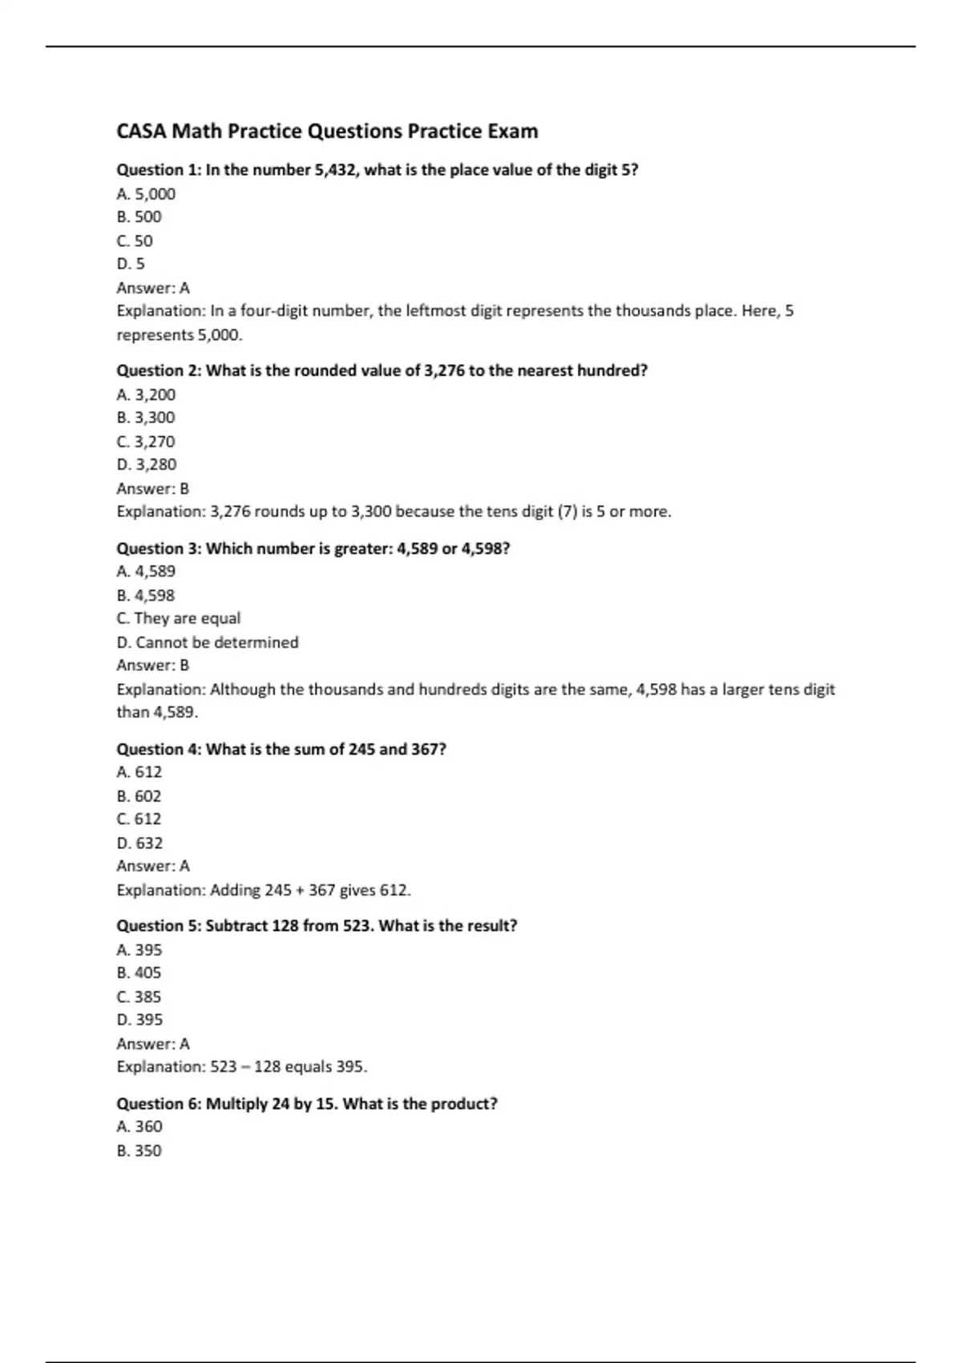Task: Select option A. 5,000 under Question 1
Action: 146,194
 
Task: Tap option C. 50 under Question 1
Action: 135,241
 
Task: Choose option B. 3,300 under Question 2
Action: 146,418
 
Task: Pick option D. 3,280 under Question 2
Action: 147,464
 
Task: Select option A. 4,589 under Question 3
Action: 146,572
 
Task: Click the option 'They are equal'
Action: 187,618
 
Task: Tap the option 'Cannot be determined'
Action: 216,642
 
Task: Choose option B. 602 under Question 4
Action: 139,796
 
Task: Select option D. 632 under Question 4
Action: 140,843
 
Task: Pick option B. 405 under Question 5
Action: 139,973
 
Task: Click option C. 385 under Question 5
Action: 139,997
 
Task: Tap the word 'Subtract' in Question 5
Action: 236,926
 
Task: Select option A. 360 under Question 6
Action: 139,1126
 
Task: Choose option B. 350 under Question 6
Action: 139,1151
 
